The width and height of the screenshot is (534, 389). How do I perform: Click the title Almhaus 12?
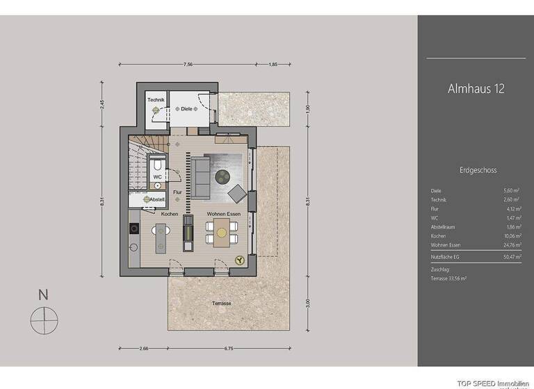coord(476,89)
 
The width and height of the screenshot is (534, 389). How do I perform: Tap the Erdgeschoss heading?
coord(478,169)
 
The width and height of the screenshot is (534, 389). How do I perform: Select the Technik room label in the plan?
coord(156,101)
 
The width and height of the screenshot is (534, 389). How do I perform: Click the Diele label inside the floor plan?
coord(186,108)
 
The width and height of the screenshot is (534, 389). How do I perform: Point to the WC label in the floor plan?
coord(157,177)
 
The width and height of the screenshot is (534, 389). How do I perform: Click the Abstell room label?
coord(156,199)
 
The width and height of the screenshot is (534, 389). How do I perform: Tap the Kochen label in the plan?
coord(170,214)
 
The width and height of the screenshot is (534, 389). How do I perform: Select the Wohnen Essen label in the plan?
coord(224,214)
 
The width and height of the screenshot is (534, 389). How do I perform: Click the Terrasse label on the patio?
coord(222,304)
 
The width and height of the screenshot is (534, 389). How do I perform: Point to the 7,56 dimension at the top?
coord(188,65)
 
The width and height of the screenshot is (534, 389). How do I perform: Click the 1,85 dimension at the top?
coord(273,65)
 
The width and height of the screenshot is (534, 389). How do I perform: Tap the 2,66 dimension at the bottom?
coord(143,348)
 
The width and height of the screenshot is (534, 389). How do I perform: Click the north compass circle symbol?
coord(44,319)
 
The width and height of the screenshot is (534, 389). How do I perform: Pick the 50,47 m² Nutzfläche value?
coord(511,257)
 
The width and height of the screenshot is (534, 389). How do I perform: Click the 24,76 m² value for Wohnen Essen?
coord(511,245)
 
